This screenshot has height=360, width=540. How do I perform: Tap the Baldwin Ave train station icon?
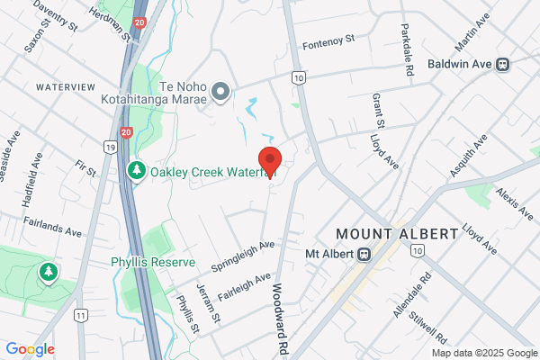point(505,64)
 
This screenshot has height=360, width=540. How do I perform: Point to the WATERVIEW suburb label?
point(65,86)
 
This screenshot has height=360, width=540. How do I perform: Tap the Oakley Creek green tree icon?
point(137,171)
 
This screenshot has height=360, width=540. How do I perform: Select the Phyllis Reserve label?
point(153,263)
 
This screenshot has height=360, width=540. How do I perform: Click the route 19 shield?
point(110,147)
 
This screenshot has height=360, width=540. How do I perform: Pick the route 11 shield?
point(82,316)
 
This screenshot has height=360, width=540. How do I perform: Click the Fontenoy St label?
point(329,41)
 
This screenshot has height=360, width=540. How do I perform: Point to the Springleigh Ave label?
point(242,256)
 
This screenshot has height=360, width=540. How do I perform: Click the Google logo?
point(30,349)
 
